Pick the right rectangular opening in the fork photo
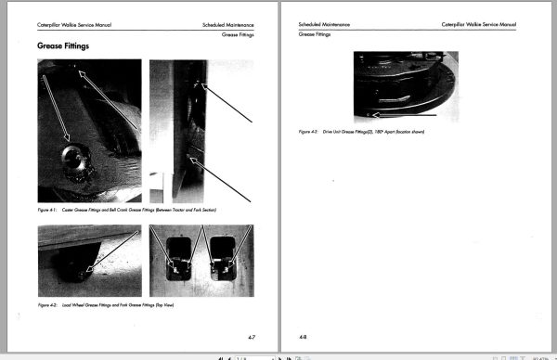click(x=223, y=257)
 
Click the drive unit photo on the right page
click(x=405, y=85)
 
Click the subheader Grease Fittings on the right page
click(x=315, y=33)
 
